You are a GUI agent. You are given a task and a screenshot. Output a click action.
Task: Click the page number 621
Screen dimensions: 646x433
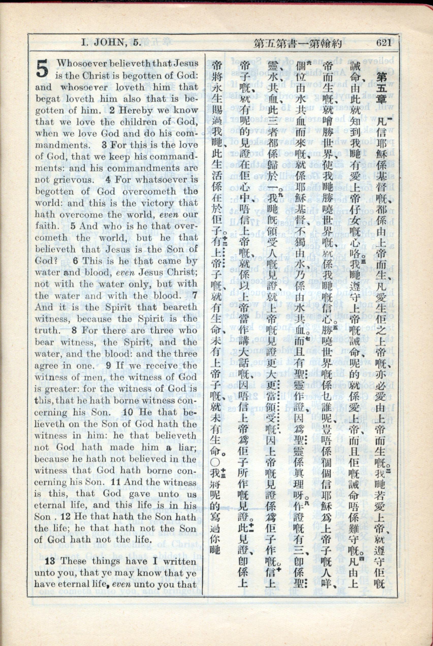383,43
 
